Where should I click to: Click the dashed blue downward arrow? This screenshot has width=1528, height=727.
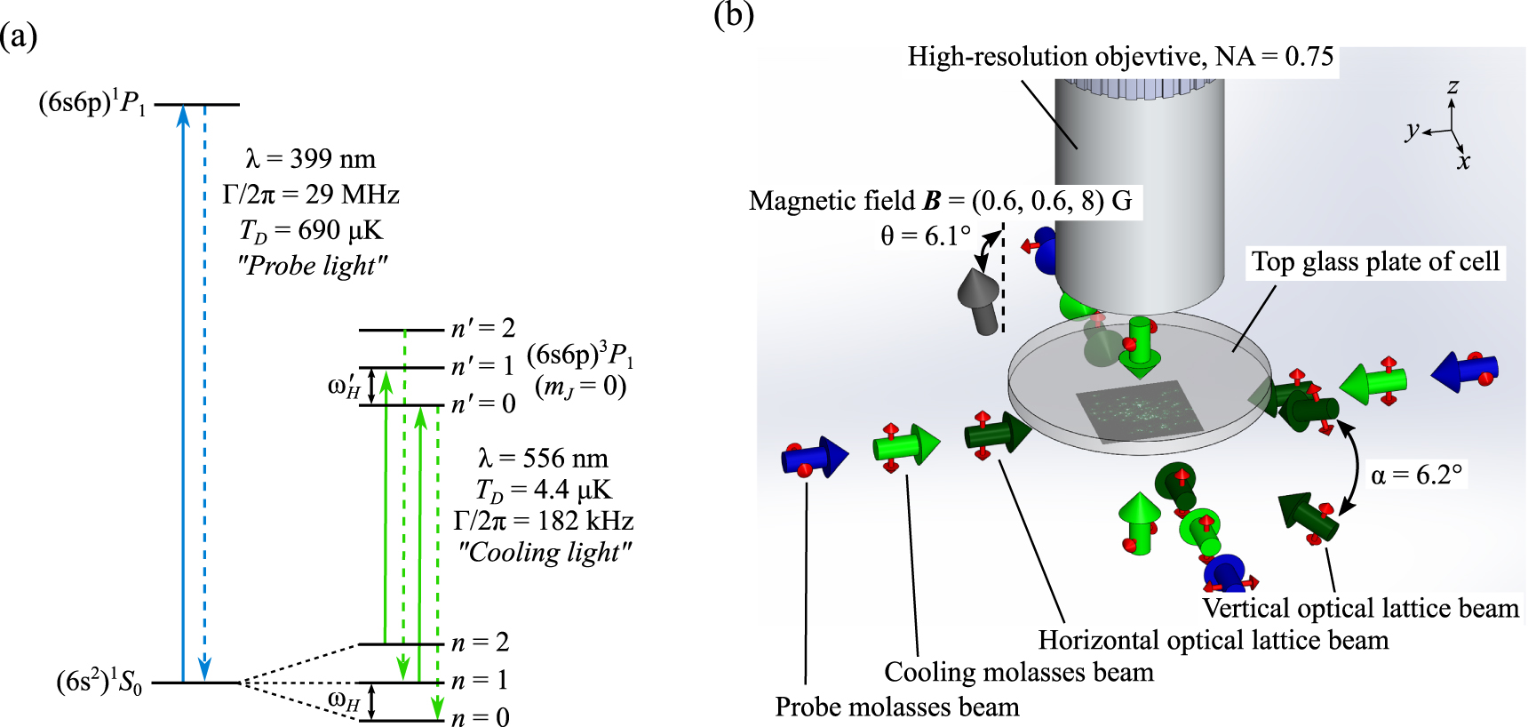point(205,391)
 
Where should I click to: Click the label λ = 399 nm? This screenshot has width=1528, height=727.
point(310,159)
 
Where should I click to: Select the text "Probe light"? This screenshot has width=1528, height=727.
point(313,266)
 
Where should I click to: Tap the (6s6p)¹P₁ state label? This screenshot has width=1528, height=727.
point(92,104)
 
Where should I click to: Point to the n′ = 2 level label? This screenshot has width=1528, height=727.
point(483,328)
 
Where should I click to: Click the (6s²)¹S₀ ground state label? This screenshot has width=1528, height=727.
point(99,683)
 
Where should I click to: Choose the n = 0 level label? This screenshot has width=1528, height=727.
point(480,717)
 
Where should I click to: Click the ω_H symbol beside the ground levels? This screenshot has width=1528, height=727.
point(344,700)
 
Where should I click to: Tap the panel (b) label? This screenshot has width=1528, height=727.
point(734,15)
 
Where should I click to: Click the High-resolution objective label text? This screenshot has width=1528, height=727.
point(1120,57)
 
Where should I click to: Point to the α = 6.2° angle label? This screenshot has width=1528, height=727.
point(1416,475)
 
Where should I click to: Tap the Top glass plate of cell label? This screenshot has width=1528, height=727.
point(1375,261)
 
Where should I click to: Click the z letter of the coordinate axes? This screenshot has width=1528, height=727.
point(1452,86)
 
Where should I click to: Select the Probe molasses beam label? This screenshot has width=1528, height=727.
point(896,707)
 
